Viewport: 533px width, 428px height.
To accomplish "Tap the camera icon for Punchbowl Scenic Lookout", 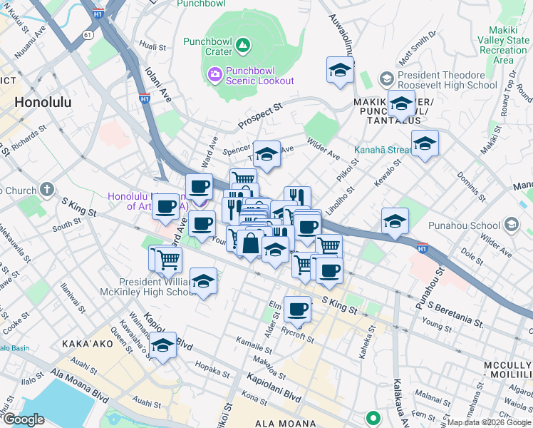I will pyautogui.click(x=214, y=74).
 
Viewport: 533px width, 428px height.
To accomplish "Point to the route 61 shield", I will pyautogui.click(x=87, y=34).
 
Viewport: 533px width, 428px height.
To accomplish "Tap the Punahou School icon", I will pyautogui.click(x=510, y=225).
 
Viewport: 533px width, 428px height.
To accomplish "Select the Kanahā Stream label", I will pyautogui.click(x=383, y=151).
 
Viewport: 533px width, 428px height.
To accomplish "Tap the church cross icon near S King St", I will pyautogui.click(x=47, y=190).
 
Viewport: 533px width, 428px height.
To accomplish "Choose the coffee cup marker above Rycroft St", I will pyautogui.click(x=297, y=310).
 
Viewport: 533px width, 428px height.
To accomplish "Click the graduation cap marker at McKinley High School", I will pyautogui.click(x=204, y=280).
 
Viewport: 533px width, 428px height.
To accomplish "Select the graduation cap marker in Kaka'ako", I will pyautogui.click(x=163, y=346).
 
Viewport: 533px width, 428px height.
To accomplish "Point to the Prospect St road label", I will pyautogui.click(x=260, y=114).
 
